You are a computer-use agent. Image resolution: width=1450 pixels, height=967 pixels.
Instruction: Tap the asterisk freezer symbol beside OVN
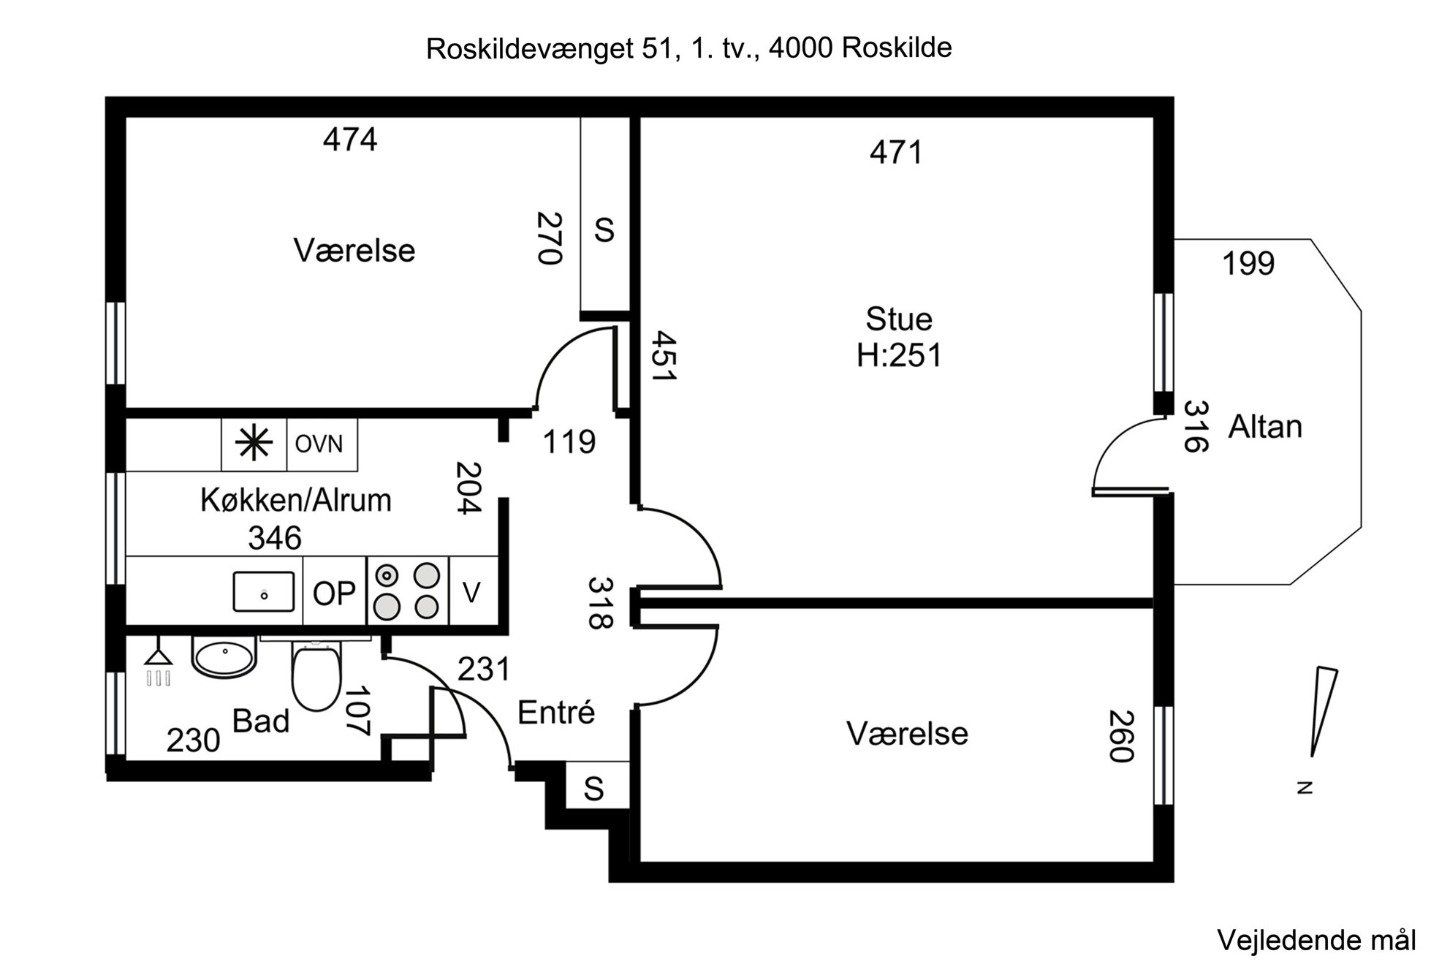point(254,444)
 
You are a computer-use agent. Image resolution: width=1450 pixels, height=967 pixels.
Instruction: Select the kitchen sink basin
point(264,591)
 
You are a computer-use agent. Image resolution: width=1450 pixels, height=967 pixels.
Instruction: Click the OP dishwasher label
point(334,594)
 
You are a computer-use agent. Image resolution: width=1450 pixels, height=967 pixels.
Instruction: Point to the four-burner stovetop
point(407,591)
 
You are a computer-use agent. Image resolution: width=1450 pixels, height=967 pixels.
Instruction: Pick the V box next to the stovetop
point(472,592)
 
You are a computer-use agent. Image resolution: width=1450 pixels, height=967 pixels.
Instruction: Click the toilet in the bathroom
point(316,675)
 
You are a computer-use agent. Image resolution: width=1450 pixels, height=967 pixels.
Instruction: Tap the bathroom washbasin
point(224,655)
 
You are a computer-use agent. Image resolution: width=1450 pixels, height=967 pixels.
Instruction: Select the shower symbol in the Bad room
point(159,667)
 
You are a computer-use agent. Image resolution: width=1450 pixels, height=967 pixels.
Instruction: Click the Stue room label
point(899,319)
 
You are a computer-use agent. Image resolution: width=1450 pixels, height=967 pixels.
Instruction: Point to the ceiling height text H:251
point(899,356)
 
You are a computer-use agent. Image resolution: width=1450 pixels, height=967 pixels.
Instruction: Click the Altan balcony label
point(1265,427)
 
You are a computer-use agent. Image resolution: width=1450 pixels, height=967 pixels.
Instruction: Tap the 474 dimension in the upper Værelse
point(350,140)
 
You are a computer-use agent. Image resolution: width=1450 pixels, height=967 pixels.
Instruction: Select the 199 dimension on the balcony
point(1248,264)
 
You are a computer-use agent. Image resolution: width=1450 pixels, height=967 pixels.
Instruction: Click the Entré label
point(556,713)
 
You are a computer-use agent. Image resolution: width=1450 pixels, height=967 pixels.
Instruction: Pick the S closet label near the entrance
point(593,789)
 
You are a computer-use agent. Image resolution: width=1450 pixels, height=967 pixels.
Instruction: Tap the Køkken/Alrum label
point(296,501)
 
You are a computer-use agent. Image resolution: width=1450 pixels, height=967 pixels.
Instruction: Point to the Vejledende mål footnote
point(1316,940)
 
